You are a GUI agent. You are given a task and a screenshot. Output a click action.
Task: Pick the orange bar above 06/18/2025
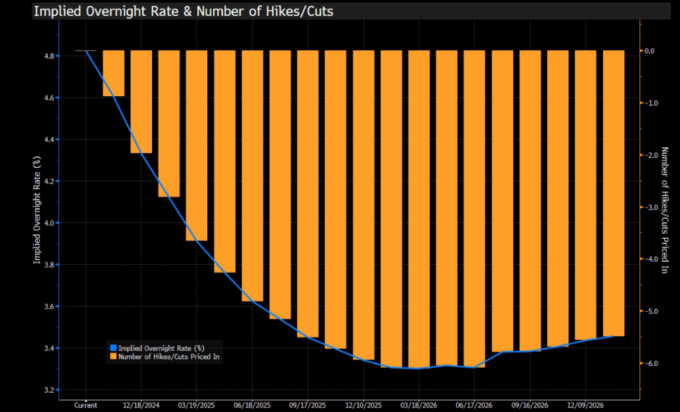pos(252,175)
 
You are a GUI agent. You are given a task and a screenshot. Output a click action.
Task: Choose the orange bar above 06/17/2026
pos(474,208)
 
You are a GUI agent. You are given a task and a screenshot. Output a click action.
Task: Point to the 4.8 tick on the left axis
pos(49,56)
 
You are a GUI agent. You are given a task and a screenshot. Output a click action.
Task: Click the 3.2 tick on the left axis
pos(49,390)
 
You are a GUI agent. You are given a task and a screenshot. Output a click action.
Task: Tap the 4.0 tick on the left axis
pos(49,223)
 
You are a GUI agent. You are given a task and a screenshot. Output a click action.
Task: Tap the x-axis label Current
pos(86,405)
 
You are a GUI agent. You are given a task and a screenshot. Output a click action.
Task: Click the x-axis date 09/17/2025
pos(308,405)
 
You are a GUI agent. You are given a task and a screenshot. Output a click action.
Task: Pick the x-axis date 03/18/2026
pos(419,405)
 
